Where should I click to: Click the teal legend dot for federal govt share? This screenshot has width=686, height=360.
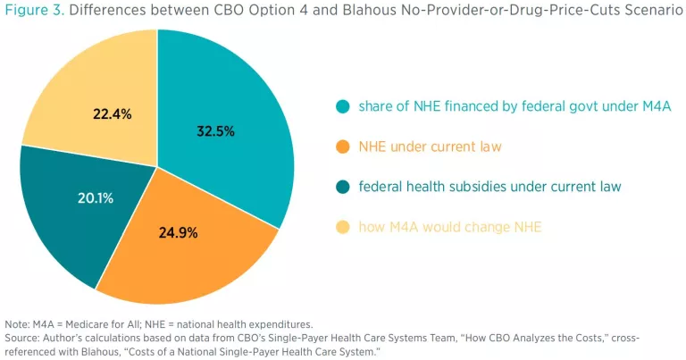click(x=342, y=107)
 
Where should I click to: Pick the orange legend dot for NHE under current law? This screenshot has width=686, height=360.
click(x=342, y=147)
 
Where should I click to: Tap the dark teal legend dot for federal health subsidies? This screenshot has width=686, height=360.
click(x=342, y=188)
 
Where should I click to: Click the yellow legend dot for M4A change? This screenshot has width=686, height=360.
click(x=342, y=228)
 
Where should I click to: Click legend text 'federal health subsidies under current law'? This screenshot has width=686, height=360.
click(x=489, y=188)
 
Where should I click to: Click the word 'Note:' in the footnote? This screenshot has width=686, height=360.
click(x=17, y=322)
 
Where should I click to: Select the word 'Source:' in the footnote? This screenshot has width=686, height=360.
click(x=21, y=338)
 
